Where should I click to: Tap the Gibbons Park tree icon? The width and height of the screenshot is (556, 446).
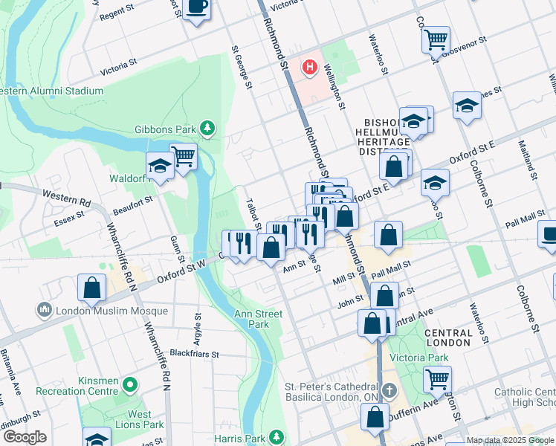click(x=207, y=129)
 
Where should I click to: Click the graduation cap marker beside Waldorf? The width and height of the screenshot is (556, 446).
click(x=160, y=167)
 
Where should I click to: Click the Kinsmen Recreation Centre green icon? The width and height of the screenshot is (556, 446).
click(x=130, y=385)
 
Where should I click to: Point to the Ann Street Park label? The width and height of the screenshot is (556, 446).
click(x=258, y=319)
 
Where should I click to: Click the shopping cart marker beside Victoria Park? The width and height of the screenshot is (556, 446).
click(x=437, y=378)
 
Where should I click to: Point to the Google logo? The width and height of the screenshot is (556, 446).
click(x=25, y=437)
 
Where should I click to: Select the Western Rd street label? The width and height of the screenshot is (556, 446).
click(x=65, y=198)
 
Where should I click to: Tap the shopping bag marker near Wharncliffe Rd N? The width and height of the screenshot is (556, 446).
click(x=91, y=288)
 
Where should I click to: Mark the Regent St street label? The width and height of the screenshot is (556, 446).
click(x=120, y=14)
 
